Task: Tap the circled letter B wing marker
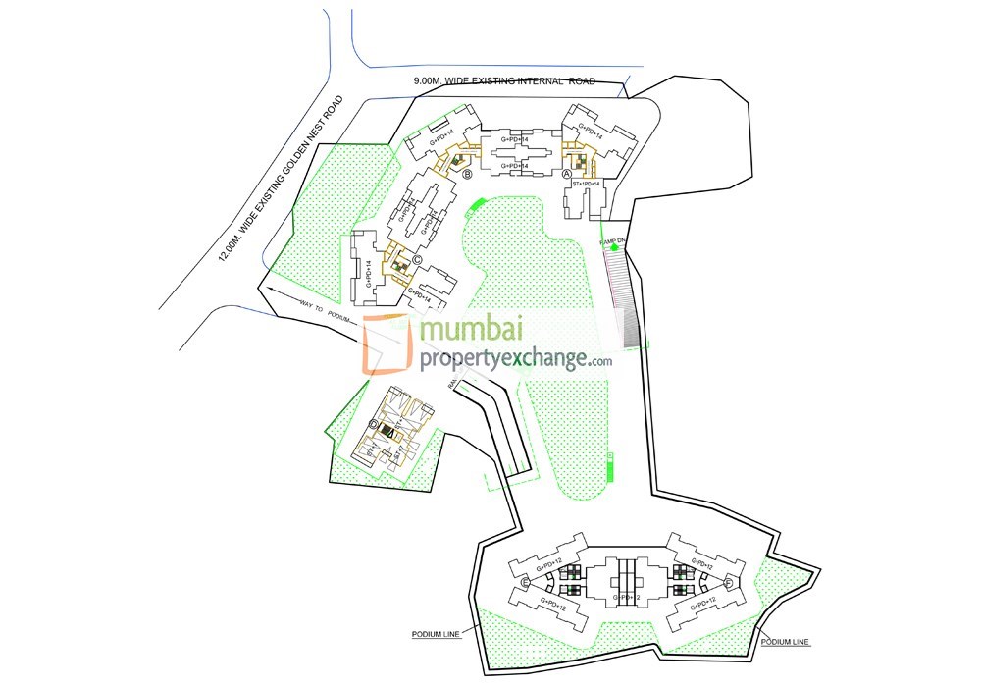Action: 468,175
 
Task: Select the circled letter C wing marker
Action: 417,259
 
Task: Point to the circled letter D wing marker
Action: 373,424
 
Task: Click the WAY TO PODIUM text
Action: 324,312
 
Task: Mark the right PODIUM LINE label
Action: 785,642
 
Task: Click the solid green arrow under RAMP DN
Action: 614,248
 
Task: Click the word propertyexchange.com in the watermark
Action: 515,360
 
